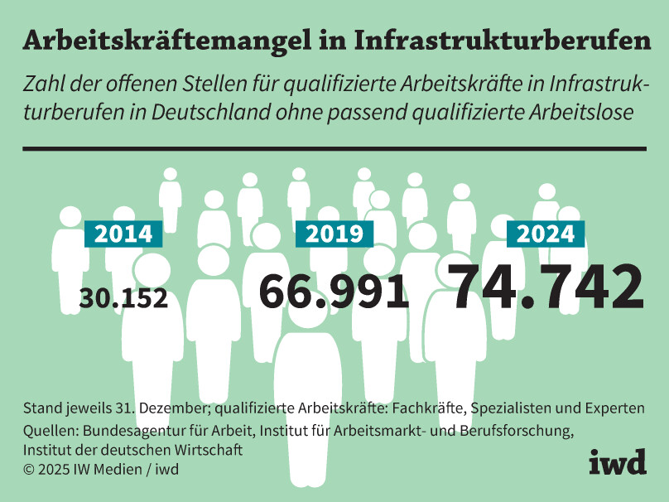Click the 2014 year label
[x=123, y=234]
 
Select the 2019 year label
[x=334, y=234]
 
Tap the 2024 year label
[x=546, y=234]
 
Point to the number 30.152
[x=123, y=297]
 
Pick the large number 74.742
[x=547, y=286]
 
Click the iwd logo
[x=617, y=463]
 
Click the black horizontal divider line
[x=334, y=148]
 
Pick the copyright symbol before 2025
[x=30, y=470]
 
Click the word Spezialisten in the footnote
[x=494, y=409]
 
